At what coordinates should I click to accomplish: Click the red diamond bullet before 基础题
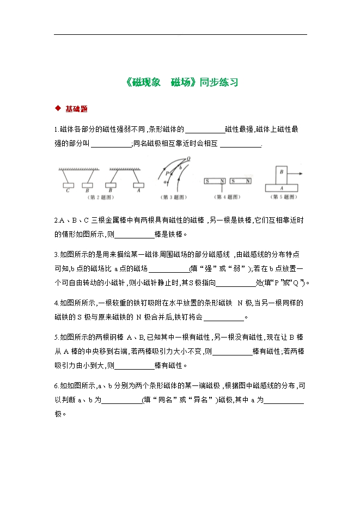pos(58,108)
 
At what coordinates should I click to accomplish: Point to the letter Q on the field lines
pos(188,159)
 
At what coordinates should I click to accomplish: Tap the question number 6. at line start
pos(57,386)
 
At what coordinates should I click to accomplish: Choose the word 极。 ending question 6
pos(60,413)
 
